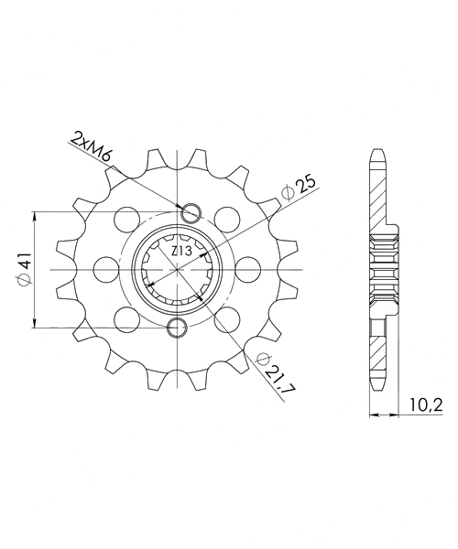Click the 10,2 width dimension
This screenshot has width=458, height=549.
pyautogui.click(x=425, y=405)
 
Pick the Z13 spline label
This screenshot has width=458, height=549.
pyautogui.click(x=180, y=251)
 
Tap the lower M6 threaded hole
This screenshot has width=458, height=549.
pyautogui.click(x=178, y=328)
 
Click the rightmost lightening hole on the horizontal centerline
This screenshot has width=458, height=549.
pyautogui.click(x=248, y=270)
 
